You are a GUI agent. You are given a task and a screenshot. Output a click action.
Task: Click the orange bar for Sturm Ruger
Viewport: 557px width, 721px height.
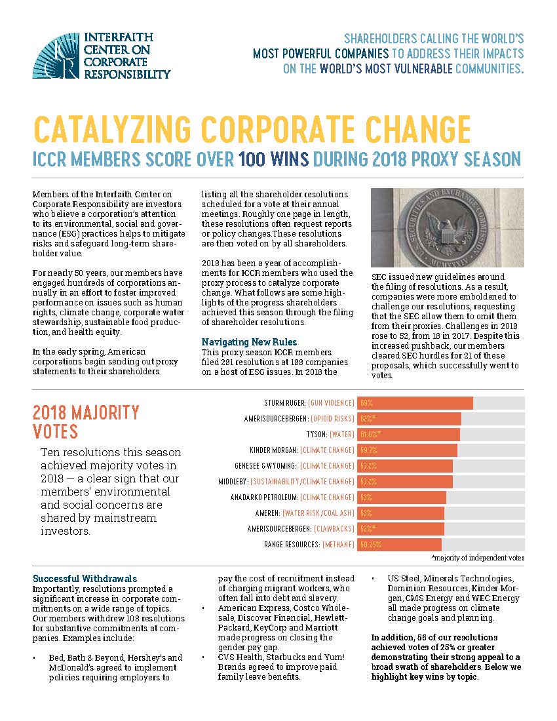415,402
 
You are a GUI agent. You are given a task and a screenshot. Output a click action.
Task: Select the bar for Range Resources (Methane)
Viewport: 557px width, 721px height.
399,544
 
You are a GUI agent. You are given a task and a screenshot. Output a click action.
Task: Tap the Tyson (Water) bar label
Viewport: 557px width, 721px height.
322,434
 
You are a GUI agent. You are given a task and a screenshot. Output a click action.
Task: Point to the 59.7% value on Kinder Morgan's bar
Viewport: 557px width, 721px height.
369,450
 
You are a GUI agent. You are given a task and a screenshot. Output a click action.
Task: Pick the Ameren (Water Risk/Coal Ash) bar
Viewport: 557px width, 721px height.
400,513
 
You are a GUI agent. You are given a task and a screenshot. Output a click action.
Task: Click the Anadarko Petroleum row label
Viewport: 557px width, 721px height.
292,497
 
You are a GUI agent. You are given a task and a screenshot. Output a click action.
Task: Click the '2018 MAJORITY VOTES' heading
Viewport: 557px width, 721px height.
86,422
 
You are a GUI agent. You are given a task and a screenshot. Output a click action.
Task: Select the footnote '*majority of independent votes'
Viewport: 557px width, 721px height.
478,558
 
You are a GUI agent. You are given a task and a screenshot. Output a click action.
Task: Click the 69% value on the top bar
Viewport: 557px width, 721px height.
366,402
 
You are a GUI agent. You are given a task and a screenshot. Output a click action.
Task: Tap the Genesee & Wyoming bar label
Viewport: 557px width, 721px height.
294,465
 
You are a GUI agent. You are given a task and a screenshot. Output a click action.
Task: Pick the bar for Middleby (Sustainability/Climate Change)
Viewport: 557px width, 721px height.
404,481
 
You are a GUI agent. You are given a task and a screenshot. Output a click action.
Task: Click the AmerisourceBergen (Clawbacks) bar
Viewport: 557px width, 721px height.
400,528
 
